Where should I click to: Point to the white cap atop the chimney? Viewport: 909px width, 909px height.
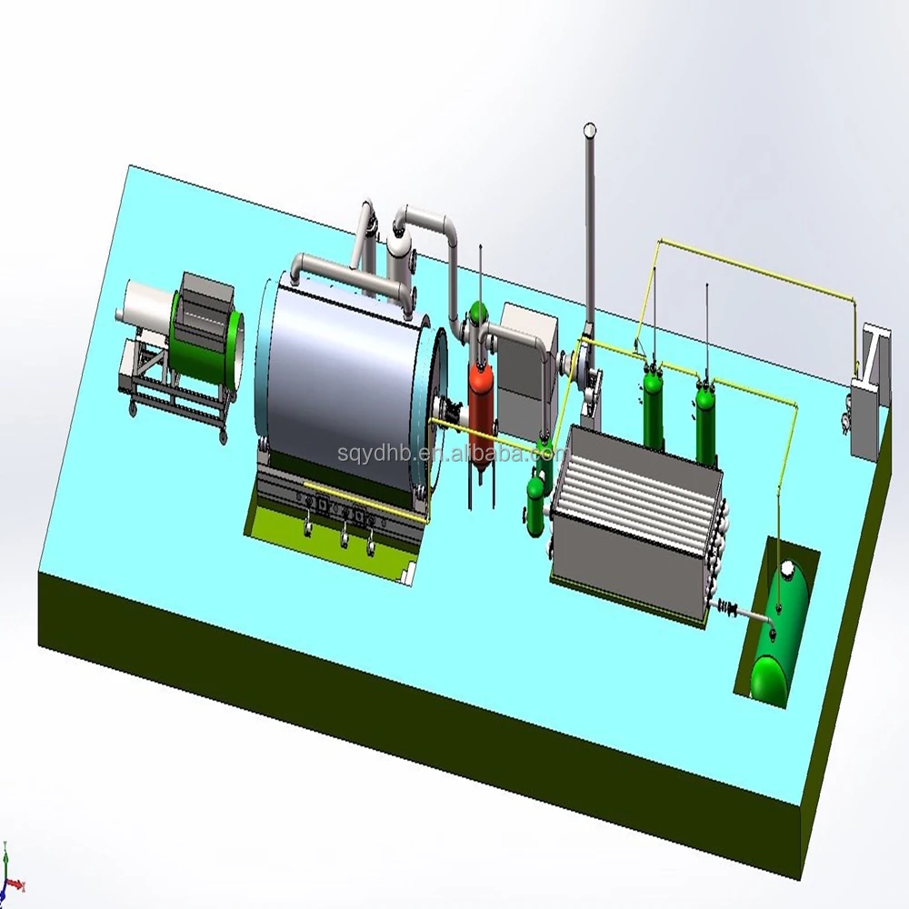(x=589, y=130)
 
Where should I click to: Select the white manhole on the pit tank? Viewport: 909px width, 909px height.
(x=787, y=569)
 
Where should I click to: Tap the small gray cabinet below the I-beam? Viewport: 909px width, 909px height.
(x=863, y=418)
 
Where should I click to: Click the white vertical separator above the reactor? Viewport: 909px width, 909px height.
(x=397, y=255)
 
